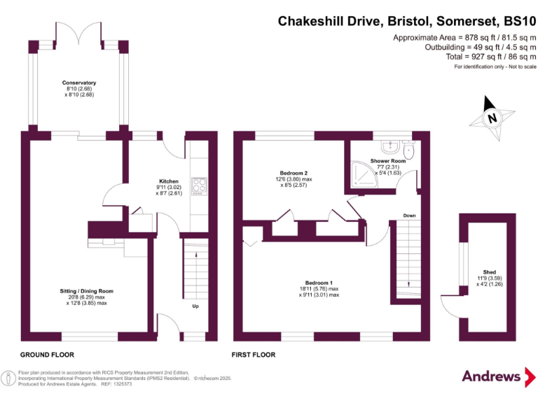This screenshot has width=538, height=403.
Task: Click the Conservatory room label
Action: [x=79, y=83]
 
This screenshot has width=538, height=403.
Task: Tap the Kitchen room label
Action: [x=169, y=181]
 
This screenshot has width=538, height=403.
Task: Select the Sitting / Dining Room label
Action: [x=87, y=291]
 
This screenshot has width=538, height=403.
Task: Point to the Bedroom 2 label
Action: [x=294, y=173]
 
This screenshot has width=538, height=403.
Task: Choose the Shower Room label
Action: [x=388, y=162]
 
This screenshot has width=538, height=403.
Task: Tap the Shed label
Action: [x=489, y=272]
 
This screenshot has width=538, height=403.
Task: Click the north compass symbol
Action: [x=492, y=118]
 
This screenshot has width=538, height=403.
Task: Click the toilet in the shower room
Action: [x=410, y=150]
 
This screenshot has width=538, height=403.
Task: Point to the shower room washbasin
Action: [x=388, y=146]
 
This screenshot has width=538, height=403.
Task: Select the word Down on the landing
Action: [x=410, y=215]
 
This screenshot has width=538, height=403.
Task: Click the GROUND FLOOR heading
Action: [x=47, y=355]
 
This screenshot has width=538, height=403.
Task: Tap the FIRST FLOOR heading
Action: [x=254, y=355]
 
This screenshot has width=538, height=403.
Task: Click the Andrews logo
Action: [x=492, y=376]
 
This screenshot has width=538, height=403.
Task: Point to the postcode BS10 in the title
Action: [x=515, y=22]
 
